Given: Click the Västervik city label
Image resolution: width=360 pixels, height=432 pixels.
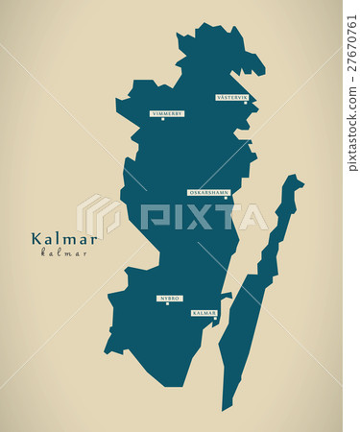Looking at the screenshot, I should pos(232,97).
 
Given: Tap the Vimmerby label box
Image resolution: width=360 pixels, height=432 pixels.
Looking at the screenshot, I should pos(167,113).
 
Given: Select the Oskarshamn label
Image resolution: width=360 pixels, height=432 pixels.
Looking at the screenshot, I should pos(208,192).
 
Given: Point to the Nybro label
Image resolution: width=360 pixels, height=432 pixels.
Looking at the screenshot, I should pos(170,299).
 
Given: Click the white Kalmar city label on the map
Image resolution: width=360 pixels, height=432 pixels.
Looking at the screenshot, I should pos(204,313).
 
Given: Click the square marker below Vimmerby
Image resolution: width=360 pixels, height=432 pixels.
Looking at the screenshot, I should pos(163,119).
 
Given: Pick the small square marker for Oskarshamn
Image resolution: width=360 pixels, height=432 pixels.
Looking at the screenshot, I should pos(226,198).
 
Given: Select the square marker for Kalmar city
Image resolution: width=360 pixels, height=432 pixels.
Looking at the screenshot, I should pos(215,319).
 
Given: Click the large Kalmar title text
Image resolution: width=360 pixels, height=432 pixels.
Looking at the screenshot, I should pos(63,239).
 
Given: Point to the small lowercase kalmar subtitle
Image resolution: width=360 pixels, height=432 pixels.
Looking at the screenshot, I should pos(63,253).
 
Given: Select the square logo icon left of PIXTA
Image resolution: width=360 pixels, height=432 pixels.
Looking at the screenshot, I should pos(101,215).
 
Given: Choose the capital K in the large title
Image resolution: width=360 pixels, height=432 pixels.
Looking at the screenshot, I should pos(36,239).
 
